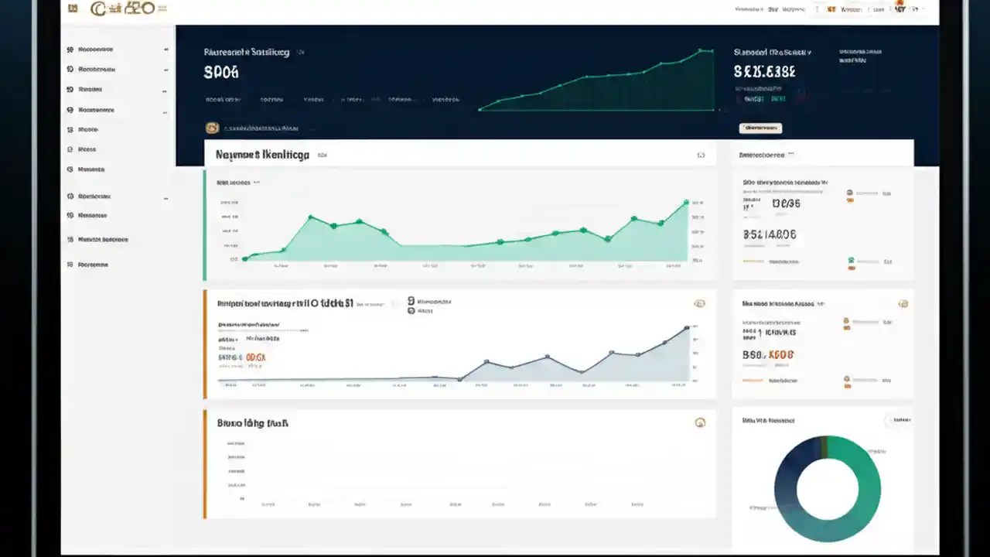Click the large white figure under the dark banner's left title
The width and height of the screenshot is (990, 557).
[x=221, y=73]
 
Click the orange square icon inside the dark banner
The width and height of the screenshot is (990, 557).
[x=212, y=128]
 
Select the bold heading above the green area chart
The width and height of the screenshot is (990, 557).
[x=262, y=155]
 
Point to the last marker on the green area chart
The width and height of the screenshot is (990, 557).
[x=686, y=203]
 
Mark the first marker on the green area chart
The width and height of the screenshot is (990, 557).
[x=245, y=258]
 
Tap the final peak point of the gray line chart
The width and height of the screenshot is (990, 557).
[x=687, y=328]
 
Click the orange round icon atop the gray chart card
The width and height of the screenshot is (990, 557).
[x=699, y=304]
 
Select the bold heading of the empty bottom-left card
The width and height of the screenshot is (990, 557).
[x=253, y=423]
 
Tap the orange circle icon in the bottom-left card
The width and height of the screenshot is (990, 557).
[x=700, y=422]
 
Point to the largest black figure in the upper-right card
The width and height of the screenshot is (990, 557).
[x=770, y=234]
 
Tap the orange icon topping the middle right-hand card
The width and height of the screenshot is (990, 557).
[x=903, y=304]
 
